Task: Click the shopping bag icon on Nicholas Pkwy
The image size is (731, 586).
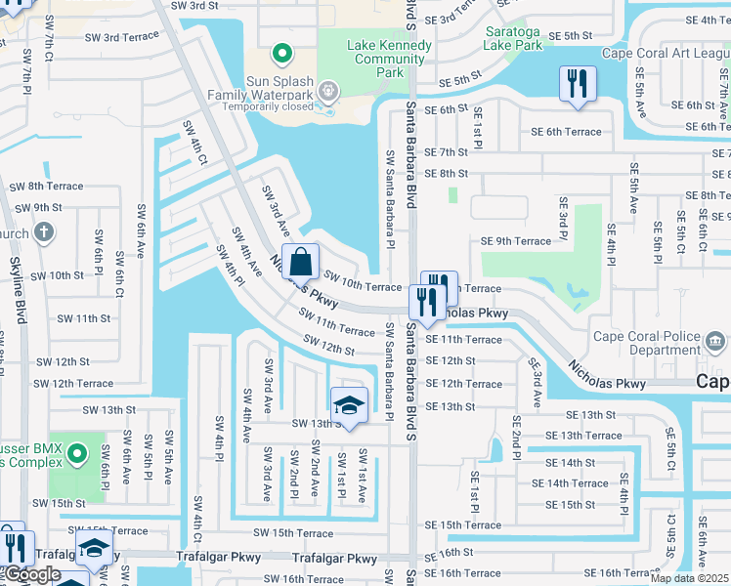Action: click(x=302, y=262)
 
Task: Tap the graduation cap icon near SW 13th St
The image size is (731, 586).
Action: click(x=349, y=404)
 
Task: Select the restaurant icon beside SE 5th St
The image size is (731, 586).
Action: click(x=577, y=83)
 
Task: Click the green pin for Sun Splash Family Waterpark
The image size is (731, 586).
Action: click(x=281, y=53)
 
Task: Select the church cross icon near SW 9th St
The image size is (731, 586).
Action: click(x=42, y=232)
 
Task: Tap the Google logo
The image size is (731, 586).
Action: click(x=31, y=574)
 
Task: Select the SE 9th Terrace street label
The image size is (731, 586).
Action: click(x=516, y=241)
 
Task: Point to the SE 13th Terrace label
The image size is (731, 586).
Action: click(x=583, y=436)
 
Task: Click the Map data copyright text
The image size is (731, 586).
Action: click(x=689, y=578)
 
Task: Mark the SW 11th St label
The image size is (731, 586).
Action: click(x=84, y=318)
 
